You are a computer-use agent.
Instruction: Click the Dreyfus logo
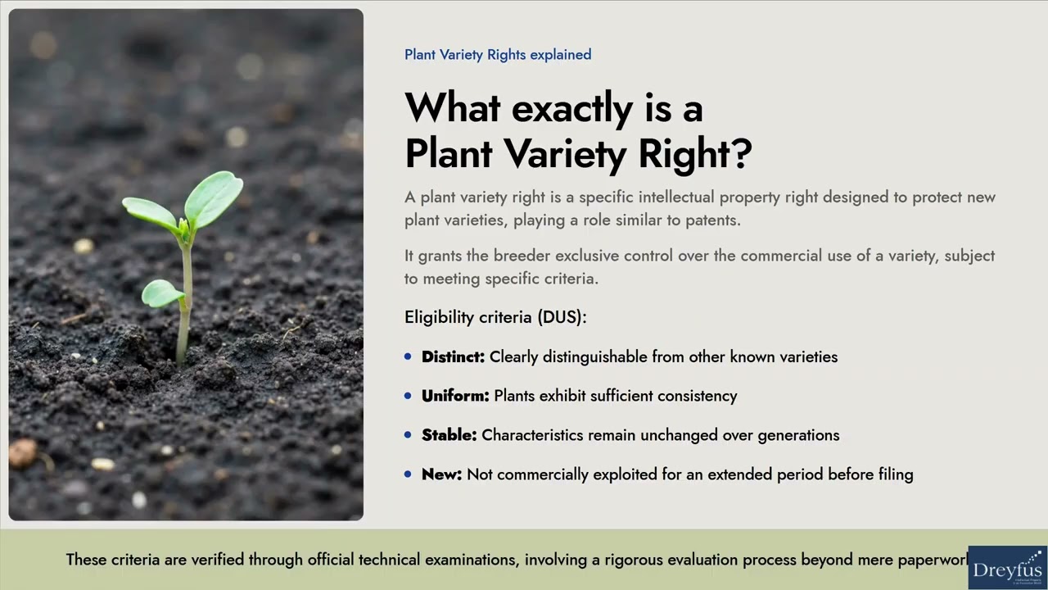1007,568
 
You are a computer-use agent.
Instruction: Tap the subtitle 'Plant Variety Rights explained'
498,55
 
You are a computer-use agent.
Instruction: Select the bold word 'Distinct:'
453,357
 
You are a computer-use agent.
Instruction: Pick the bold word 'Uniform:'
455,396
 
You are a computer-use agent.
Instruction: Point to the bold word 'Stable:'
449,435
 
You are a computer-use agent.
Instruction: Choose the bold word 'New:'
441,474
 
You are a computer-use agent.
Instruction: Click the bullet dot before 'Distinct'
408,357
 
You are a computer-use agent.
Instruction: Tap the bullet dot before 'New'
408,474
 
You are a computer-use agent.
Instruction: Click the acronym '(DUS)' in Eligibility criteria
562,317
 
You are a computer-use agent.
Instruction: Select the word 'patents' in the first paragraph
711,220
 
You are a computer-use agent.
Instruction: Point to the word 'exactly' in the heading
571,108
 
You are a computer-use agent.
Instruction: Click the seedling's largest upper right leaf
214,197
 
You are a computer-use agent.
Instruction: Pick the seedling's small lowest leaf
162,293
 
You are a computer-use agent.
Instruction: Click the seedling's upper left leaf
151,212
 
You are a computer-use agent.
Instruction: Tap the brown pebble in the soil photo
23,452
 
